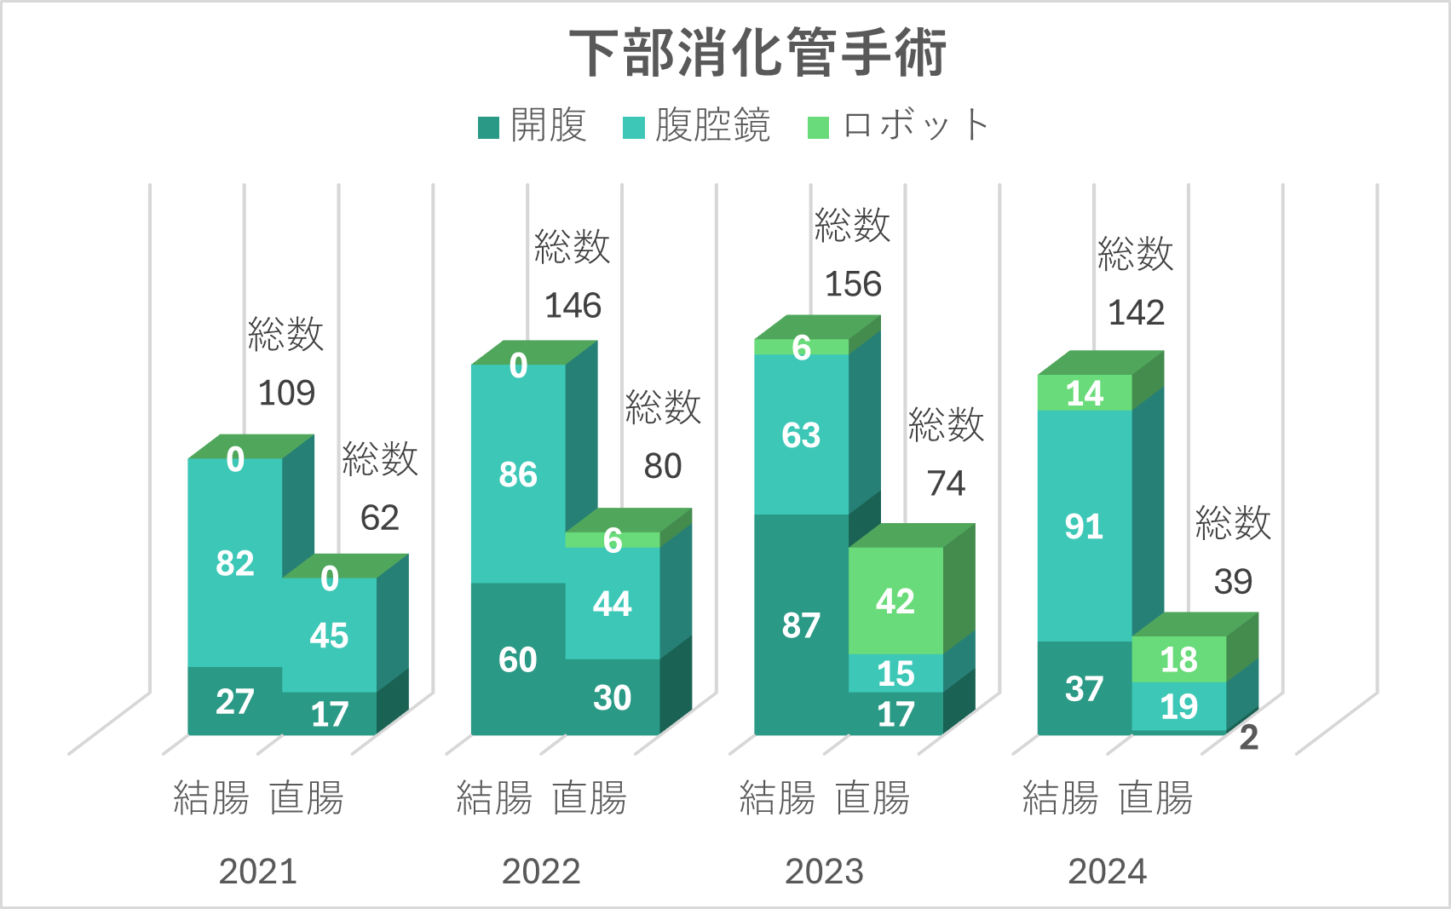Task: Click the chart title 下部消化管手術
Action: (757, 53)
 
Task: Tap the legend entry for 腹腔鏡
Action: (697, 126)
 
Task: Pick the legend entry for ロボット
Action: (899, 126)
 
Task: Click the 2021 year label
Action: (257, 872)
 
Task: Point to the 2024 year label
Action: (1107, 872)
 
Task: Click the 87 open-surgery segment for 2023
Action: (801, 625)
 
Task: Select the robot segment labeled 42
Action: (895, 601)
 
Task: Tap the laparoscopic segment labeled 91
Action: (1084, 526)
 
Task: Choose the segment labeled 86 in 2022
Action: (518, 475)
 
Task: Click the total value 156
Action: (853, 284)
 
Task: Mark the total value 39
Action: (1233, 582)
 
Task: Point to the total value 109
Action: (286, 393)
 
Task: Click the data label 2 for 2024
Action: (1248, 738)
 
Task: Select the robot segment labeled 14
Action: (1084, 393)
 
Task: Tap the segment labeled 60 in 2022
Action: (518, 659)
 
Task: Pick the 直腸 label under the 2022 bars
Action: (590, 798)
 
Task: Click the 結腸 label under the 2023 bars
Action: (777, 798)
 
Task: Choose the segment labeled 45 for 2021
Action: (329, 636)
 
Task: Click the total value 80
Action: (663, 466)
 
